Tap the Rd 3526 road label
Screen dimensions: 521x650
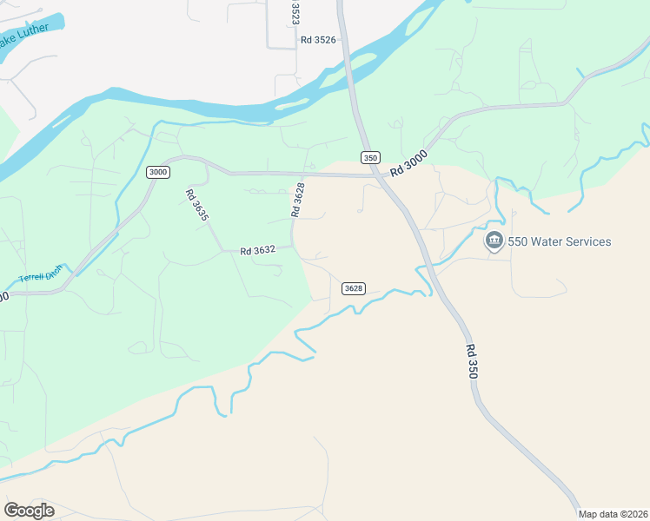pyautogui.click(x=318, y=39)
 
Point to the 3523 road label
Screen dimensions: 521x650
pyautogui.click(x=295, y=12)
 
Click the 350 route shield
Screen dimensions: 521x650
pyautogui.click(x=370, y=157)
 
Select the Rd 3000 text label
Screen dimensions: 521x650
pyautogui.click(x=409, y=165)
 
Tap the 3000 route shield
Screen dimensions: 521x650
pyautogui.click(x=157, y=171)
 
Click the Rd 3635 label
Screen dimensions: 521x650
pyautogui.click(x=196, y=205)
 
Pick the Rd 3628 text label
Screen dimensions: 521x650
pyautogui.click(x=299, y=199)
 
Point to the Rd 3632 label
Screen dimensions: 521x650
pyautogui.click(x=258, y=250)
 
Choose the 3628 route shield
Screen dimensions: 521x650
pyautogui.click(x=353, y=288)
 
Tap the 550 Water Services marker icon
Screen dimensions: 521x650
pyautogui.click(x=494, y=241)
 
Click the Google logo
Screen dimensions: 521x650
pyautogui.click(x=29, y=511)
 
